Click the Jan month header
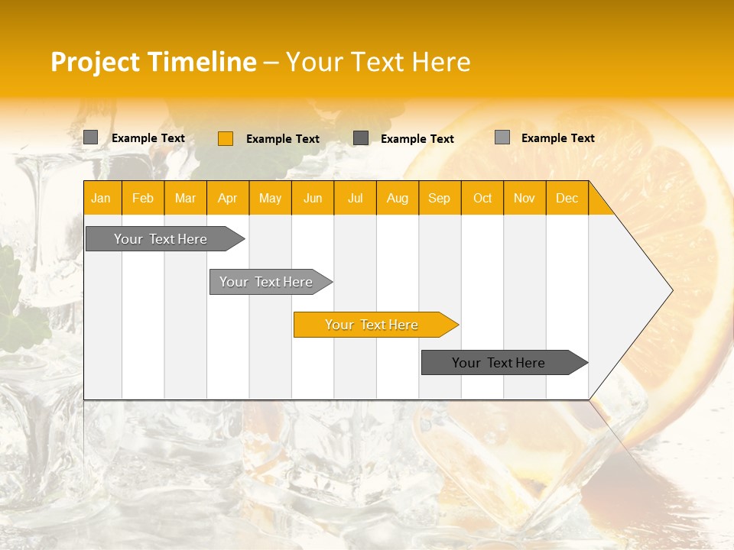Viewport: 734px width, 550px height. coord(102,198)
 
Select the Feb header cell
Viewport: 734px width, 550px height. coord(143,198)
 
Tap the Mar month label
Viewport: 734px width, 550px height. coord(185,198)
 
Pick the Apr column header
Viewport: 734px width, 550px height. coord(228,198)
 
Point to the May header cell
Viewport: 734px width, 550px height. coord(270,198)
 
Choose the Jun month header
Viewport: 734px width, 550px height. coord(313,198)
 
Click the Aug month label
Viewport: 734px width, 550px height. coord(398,198)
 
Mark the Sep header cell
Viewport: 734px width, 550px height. coord(440,198)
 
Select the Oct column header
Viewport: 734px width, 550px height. coord(482,198)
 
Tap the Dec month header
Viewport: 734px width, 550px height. coord(567,198)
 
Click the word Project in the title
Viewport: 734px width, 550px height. coord(95,62)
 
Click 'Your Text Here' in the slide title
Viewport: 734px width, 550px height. coord(378,62)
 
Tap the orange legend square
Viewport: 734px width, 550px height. coord(226,138)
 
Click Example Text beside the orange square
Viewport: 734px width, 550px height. coord(283,139)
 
